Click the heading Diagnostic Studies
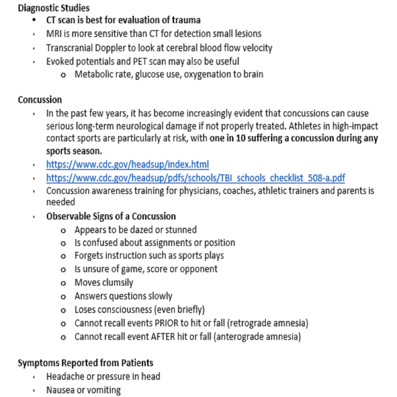tap(54, 8)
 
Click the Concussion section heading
tap(40, 100)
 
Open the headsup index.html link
tap(127, 164)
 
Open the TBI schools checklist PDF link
tap(195, 178)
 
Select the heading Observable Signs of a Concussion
tap(111, 216)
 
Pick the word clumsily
tap(118, 282)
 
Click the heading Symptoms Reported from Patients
tap(85, 363)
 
